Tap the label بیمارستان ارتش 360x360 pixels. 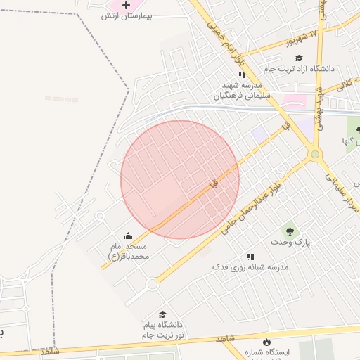[x=137, y=15]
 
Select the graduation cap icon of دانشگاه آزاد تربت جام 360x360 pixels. [x=299, y=58]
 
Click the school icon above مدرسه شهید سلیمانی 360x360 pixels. [x=242, y=74]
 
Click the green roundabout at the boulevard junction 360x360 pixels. [x=315, y=154]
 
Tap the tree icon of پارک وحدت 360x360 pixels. [x=288, y=230]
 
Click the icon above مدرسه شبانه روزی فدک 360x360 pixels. [x=250, y=257]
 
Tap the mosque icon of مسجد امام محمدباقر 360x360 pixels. [x=129, y=236]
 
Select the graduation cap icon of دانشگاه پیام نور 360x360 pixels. [x=162, y=314]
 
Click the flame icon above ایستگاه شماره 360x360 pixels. [x=266, y=342]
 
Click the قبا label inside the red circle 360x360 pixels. [x=214, y=183]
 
